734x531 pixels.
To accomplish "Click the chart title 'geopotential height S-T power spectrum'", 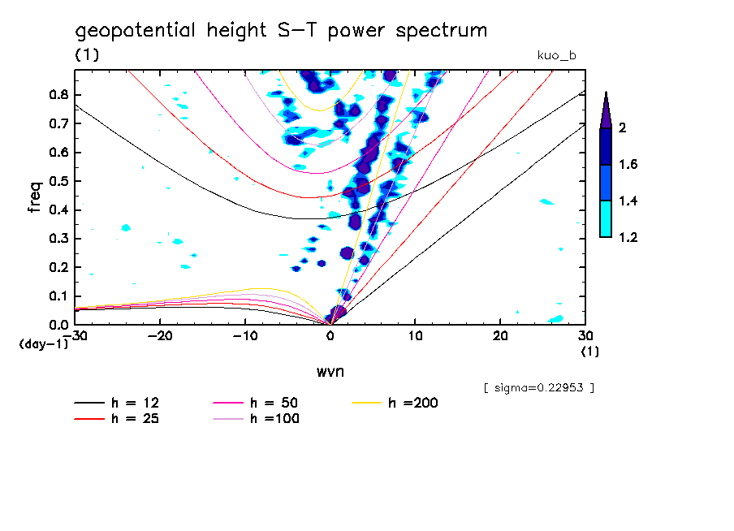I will click(281, 31).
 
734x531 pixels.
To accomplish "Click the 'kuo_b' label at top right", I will click(557, 55).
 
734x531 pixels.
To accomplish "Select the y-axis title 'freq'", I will click(35, 196).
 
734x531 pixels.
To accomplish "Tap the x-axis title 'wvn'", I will click(330, 371).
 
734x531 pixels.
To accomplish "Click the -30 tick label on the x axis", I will click(75, 335).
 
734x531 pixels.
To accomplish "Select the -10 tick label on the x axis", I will click(245, 335).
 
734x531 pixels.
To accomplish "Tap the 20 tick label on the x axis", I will click(500, 335).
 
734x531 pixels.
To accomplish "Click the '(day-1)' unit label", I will click(43, 344).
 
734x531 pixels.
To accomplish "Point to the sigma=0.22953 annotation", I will click(538, 388).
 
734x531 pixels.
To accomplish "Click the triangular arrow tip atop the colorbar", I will click(606, 109).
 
